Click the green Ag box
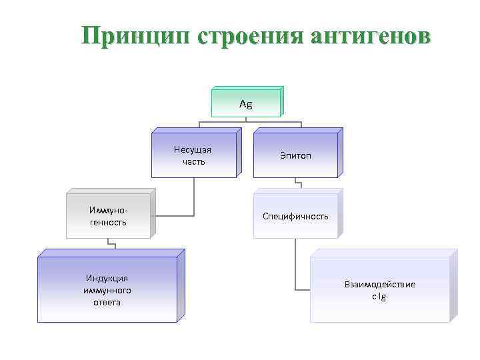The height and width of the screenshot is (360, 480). pyautogui.click(x=246, y=104)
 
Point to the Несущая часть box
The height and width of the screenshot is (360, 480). pyautogui.click(x=193, y=155)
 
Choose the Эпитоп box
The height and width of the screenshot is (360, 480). pyautogui.click(x=295, y=155)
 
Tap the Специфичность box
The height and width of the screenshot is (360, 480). pyautogui.click(x=295, y=216)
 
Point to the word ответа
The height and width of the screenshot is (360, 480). pyautogui.click(x=107, y=302)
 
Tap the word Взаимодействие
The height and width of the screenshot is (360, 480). pyautogui.click(x=379, y=285)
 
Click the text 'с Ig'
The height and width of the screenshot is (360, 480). pyautogui.click(x=379, y=297)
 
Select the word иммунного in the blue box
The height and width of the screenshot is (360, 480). pyautogui.click(x=107, y=291)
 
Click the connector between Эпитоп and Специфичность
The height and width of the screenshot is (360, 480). pyautogui.click(x=298, y=185)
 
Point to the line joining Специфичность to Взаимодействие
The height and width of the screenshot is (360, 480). pyautogui.click(x=296, y=267)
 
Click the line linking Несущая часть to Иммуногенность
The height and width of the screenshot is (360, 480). pyautogui.click(x=193, y=200)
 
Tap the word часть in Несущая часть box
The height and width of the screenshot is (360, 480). pyautogui.click(x=193, y=162)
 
